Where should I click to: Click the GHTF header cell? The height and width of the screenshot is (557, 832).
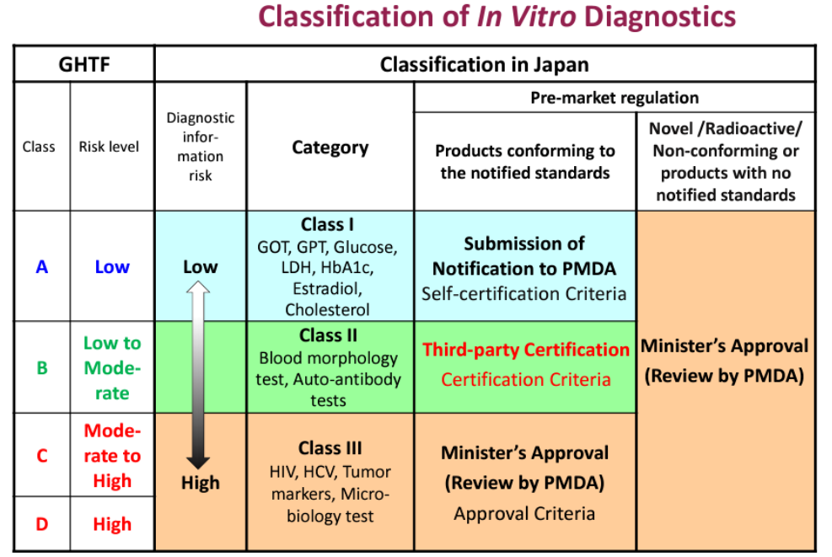coord(83,64)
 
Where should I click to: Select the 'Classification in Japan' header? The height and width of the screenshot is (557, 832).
coord(485,65)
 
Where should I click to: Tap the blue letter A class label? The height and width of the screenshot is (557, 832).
coord(42,266)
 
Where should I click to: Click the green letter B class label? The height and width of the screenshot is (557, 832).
coord(42,367)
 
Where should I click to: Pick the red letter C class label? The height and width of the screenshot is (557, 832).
coord(42,456)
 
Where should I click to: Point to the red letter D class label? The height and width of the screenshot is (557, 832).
coord(42,524)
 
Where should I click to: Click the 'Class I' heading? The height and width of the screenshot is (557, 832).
coord(327,224)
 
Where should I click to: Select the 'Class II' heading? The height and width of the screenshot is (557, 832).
coord(328,335)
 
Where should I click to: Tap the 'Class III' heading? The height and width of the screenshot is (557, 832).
coord(330,447)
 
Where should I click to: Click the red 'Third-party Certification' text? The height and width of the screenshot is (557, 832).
coord(526,350)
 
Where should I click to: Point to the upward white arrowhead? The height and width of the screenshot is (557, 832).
coord(198,287)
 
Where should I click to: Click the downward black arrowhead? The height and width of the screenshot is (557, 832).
coord(198,462)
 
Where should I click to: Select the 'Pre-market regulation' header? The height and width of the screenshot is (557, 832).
coord(615,98)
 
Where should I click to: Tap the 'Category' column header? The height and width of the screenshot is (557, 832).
coord(330,147)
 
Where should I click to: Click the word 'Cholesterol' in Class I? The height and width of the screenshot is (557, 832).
coord(327,309)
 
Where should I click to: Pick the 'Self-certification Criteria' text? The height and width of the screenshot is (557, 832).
coord(524,293)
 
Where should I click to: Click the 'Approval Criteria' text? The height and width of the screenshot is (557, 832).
coord(524,513)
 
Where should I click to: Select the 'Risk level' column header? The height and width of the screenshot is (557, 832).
coord(109,147)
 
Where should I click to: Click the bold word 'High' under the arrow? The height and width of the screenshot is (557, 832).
coord(200,483)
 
